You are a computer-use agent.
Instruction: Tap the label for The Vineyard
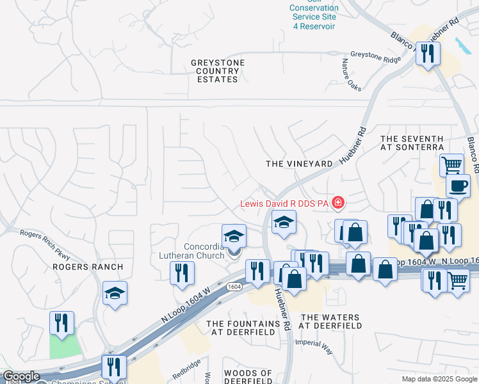[x=299, y=164]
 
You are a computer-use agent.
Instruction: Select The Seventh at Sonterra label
[x=412, y=143]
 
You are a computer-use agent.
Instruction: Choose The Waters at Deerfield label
[x=331, y=321]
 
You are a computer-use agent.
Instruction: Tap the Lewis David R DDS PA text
[x=284, y=204]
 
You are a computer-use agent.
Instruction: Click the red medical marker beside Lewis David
[x=337, y=204]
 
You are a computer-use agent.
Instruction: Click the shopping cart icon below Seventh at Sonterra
[x=451, y=164]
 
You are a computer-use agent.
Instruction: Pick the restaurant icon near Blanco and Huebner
[x=427, y=54]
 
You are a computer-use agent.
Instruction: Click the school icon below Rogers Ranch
[x=115, y=293]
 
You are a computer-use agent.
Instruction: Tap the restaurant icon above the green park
[x=62, y=323]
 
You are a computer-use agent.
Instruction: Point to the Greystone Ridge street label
[x=375, y=58]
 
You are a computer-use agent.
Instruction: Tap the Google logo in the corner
[x=20, y=376]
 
